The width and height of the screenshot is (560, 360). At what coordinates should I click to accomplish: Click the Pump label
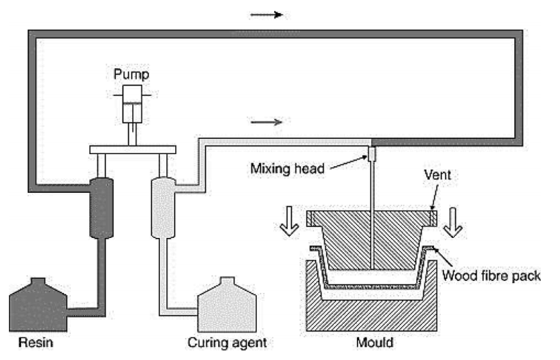pyautogui.click(x=131, y=75)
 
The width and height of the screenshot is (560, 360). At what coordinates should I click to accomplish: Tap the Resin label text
pyautogui.click(x=35, y=342)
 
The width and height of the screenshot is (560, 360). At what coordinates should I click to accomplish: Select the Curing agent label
pyautogui.click(x=227, y=342)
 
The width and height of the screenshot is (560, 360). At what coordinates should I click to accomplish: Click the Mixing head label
pyautogui.click(x=287, y=168)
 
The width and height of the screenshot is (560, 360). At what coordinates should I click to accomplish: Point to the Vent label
pyautogui.click(x=437, y=175)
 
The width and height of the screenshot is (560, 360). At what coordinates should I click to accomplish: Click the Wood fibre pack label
pyautogui.click(x=491, y=275)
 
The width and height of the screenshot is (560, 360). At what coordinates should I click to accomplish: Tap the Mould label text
pyautogui.click(x=375, y=342)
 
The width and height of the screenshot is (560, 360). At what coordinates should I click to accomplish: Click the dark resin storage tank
pyautogui.click(x=38, y=305)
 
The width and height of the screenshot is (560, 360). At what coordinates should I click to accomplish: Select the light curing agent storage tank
pyautogui.click(x=227, y=305)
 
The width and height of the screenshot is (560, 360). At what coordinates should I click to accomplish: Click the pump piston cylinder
pyautogui.click(x=132, y=104)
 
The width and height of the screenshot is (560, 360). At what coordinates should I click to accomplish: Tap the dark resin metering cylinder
pyautogui.click(x=102, y=208)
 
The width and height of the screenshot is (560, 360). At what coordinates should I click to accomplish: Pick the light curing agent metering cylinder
pyautogui.click(x=164, y=208)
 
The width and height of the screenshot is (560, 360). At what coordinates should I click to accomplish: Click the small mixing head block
pyautogui.click(x=372, y=154)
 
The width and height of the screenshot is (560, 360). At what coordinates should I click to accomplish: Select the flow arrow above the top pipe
pyautogui.click(x=267, y=14)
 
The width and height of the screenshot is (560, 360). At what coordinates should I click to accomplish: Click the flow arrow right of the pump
pyautogui.click(x=267, y=122)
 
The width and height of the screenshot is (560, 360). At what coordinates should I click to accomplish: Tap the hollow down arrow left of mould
pyautogui.click(x=289, y=222)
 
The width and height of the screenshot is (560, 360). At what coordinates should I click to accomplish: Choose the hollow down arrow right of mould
pyautogui.click(x=453, y=223)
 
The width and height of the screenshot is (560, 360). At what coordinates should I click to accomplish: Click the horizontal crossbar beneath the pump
pyautogui.click(x=132, y=149)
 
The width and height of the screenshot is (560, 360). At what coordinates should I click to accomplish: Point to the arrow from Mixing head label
pyautogui.click(x=348, y=163)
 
